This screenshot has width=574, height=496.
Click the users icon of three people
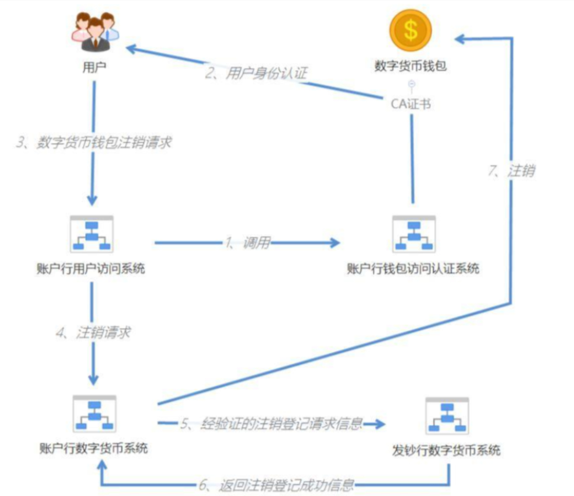coord(96,32)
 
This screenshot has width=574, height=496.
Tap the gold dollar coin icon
coord(411,30)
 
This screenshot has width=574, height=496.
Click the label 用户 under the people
coord(94,67)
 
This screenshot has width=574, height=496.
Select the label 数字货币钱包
coord(411,66)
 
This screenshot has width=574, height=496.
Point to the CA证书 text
coord(411,104)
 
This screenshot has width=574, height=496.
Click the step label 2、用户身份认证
coord(257,73)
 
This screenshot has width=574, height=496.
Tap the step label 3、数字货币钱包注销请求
coord(94,142)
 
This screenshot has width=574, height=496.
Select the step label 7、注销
coord(511,171)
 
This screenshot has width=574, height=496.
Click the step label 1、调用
coord(248,243)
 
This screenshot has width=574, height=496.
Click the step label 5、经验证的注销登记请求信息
coord(271,424)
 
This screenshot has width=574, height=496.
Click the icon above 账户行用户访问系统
coord(92,234)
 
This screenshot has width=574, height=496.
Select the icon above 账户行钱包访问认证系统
coord(414,234)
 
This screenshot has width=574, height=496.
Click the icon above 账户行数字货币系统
coord(94,414)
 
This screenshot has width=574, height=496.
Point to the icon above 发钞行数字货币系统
coord(447,415)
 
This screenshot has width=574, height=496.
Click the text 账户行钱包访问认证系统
coord(413,269)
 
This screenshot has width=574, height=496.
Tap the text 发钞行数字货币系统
coord(446,450)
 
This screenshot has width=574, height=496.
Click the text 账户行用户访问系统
coord(91,269)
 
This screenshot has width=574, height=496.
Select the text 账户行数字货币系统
coord(94,448)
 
